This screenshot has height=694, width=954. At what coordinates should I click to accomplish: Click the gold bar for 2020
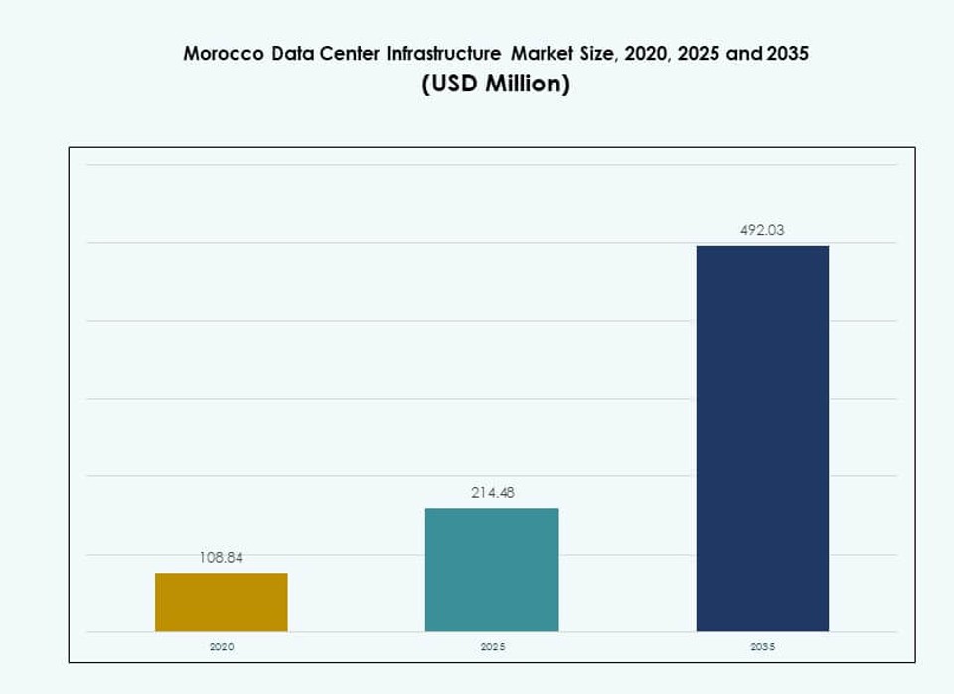coord(221,603)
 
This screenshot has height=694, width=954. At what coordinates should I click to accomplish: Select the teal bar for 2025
coord(492,570)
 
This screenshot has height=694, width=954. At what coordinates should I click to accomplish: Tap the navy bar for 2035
coord(762,438)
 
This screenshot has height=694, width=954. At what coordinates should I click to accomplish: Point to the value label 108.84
coord(221,558)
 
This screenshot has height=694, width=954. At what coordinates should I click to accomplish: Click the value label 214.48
coord(492,493)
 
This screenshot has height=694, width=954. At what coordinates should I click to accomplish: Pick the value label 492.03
coord(762,230)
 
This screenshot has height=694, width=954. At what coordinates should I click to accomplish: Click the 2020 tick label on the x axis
coord(221,647)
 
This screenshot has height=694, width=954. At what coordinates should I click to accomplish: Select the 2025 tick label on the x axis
coord(492,647)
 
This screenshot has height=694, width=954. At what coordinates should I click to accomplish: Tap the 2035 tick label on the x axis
coord(762,647)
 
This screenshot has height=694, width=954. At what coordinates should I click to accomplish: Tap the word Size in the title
coord(599,54)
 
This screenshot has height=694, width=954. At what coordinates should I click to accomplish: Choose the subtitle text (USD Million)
coord(496,85)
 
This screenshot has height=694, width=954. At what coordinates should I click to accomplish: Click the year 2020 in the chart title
coord(647,54)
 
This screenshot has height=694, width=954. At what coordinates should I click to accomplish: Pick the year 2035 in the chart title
coord(786,54)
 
